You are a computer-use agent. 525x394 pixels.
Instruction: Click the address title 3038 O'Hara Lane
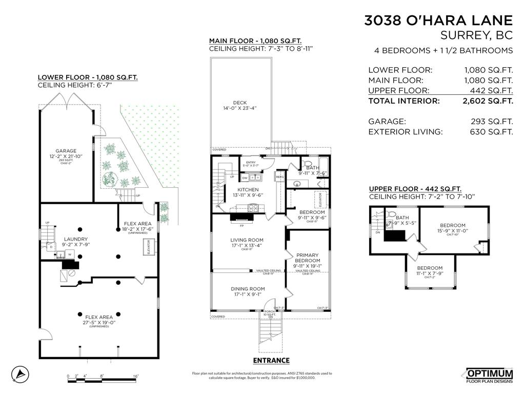click(x=438, y=21)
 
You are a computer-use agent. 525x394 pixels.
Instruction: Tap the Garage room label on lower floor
click(x=66, y=151)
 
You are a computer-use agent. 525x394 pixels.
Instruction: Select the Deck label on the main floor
click(x=240, y=103)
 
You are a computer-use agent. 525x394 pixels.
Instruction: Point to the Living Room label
click(x=247, y=240)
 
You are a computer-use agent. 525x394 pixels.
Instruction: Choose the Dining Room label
click(x=247, y=289)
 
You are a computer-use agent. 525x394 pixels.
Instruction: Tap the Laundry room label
click(x=76, y=239)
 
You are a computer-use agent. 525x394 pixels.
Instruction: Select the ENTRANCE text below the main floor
click(x=271, y=361)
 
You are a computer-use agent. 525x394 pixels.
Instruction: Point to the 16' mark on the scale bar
click(x=136, y=377)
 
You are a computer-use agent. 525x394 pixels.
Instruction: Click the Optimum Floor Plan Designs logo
click(x=489, y=375)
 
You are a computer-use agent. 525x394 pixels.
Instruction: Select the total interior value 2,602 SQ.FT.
click(x=488, y=101)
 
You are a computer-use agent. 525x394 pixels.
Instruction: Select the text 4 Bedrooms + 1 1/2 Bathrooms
click(x=443, y=50)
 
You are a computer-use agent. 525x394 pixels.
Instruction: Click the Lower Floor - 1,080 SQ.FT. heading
click(x=88, y=77)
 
